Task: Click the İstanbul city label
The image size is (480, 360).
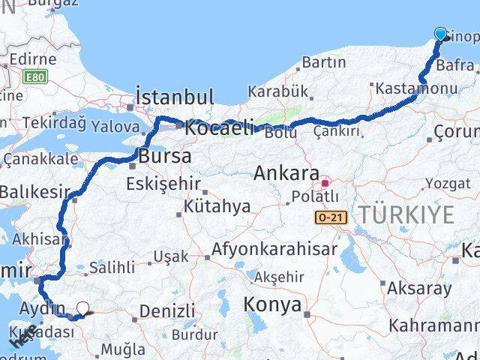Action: pyautogui.click(x=175, y=97)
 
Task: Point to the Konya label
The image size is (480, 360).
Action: pyautogui.click(x=274, y=304)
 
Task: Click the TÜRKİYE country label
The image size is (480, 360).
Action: pyautogui.click(x=406, y=215)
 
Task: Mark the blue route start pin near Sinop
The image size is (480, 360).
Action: pyautogui.click(x=440, y=34)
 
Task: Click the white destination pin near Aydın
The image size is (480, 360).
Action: pyautogui.click(x=82, y=307)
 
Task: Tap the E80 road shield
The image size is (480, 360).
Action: pyautogui.click(x=33, y=76)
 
